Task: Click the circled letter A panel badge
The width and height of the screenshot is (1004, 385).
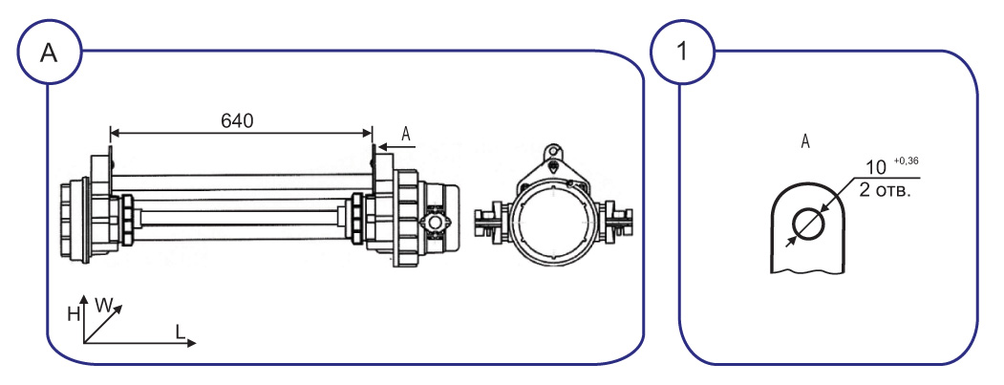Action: pos(50,53)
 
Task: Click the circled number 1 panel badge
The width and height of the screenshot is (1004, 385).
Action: pos(682,52)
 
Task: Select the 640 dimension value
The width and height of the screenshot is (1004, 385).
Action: pos(237,119)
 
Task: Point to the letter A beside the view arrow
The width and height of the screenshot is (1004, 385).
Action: pos(405,133)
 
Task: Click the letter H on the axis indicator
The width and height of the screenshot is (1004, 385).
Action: pos(74,313)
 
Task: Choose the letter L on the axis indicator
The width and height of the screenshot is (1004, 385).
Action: pos(181,332)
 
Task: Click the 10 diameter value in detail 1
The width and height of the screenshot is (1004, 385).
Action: pos(875,168)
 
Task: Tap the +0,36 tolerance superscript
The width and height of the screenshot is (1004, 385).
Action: pos(906,160)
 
